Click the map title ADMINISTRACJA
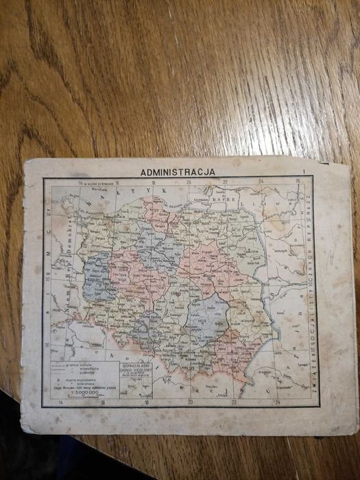pos(178,172)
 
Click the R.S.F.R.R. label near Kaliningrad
pos(224,200)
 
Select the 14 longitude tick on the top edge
pos(80,182)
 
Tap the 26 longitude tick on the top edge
pos(298,182)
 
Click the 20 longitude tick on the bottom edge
pos(191,402)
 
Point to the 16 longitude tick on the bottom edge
pos(103,403)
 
